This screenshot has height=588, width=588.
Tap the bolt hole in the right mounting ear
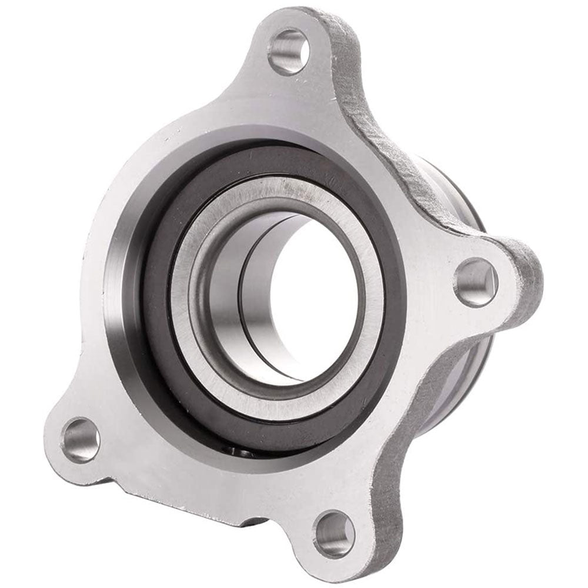tap(475, 283)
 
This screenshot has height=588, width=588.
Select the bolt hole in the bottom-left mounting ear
tap(81, 439)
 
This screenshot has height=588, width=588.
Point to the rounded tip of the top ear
tap(294, 18)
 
